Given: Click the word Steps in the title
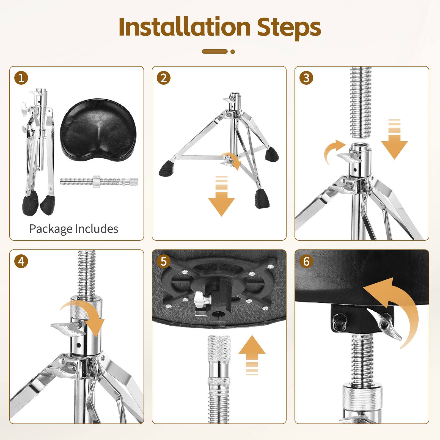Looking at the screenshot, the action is (x=289, y=28).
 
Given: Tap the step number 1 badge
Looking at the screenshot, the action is (x=21, y=78).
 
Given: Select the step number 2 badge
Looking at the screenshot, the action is (x=164, y=78).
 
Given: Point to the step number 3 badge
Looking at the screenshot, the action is (x=306, y=78).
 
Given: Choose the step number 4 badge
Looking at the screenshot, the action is (x=21, y=261).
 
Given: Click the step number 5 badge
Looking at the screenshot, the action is (x=164, y=261).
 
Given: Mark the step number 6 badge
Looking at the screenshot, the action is (x=306, y=261).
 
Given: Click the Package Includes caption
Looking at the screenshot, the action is (x=74, y=229).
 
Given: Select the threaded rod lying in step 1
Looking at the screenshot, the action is (x=99, y=182).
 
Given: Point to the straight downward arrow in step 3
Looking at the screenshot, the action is (x=394, y=139).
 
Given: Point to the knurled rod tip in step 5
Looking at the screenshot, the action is (x=219, y=348).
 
